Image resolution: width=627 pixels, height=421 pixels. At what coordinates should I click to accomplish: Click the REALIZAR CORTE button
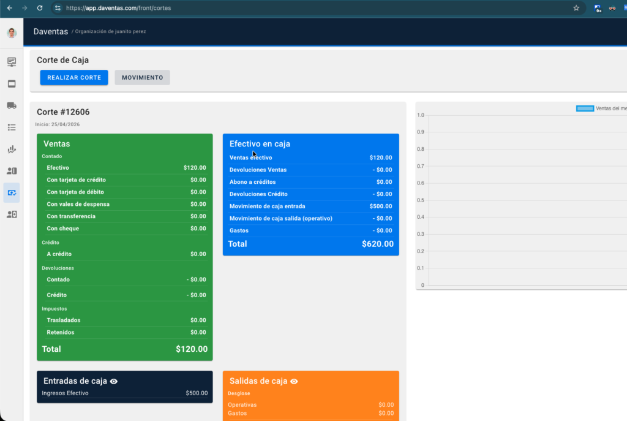[74, 78]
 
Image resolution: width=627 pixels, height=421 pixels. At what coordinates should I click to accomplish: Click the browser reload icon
[40, 8]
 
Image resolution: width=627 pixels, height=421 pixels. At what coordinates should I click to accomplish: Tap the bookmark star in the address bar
[576, 8]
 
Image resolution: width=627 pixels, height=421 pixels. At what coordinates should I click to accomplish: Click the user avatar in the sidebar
[12, 33]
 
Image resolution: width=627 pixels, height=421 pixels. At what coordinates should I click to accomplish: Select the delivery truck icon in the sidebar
[12, 105]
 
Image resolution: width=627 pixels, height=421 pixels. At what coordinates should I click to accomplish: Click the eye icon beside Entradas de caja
[114, 381]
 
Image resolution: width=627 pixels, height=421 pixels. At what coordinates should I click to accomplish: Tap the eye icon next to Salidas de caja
[294, 381]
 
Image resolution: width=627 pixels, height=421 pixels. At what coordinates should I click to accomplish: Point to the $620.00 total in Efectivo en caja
[377, 244]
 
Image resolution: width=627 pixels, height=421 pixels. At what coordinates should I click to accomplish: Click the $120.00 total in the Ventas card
[192, 349]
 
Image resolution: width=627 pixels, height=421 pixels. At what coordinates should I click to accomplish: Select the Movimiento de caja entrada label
[267, 207]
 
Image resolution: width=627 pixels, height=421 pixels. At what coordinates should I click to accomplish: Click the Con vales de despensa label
[78, 204]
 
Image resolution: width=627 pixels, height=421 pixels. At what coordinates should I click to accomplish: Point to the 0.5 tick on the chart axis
[420, 200]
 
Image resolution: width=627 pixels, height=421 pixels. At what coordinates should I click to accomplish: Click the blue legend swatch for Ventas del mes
[585, 108]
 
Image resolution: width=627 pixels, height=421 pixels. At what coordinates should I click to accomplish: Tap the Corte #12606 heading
[63, 112]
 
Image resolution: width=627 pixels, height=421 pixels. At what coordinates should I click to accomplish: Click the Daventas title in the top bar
[51, 32]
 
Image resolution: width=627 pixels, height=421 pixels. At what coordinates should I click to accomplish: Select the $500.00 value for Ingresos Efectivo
[197, 393]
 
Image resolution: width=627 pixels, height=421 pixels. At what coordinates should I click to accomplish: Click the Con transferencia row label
[71, 216]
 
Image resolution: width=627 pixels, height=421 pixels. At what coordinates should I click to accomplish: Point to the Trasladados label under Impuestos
[64, 320]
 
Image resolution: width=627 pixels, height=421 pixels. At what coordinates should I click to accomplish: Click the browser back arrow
[10, 8]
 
